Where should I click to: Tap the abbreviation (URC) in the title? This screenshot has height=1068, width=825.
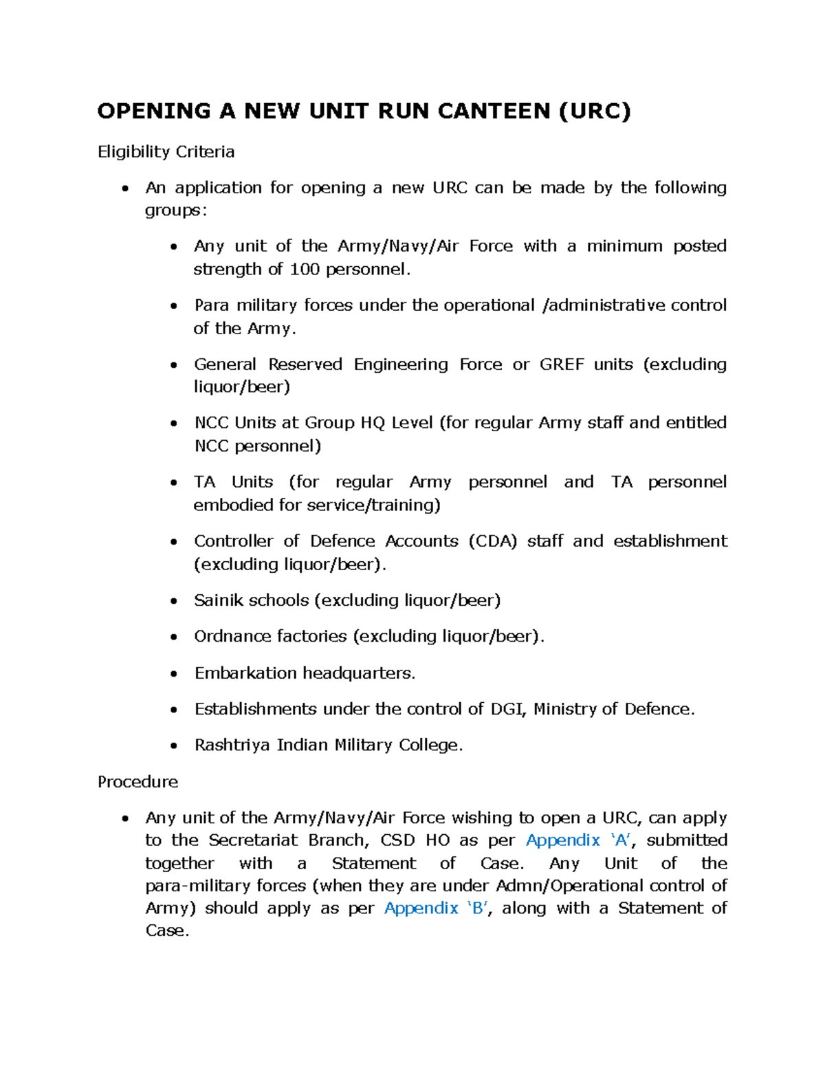(594, 111)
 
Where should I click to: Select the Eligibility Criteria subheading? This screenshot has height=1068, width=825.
(166, 151)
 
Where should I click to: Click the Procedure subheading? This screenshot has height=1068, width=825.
(137, 782)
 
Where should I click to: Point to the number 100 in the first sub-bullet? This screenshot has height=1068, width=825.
(304, 269)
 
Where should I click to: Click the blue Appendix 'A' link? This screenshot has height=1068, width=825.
(577, 840)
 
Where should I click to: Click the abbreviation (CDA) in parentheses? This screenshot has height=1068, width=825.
(492, 541)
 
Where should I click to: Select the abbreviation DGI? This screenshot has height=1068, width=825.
(507, 709)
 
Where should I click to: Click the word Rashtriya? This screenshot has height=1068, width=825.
(232, 745)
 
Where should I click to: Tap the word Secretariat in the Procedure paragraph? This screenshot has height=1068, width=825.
(253, 840)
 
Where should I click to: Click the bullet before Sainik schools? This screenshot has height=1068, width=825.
(174, 602)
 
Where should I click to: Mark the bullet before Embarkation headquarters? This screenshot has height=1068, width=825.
(174, 674)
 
